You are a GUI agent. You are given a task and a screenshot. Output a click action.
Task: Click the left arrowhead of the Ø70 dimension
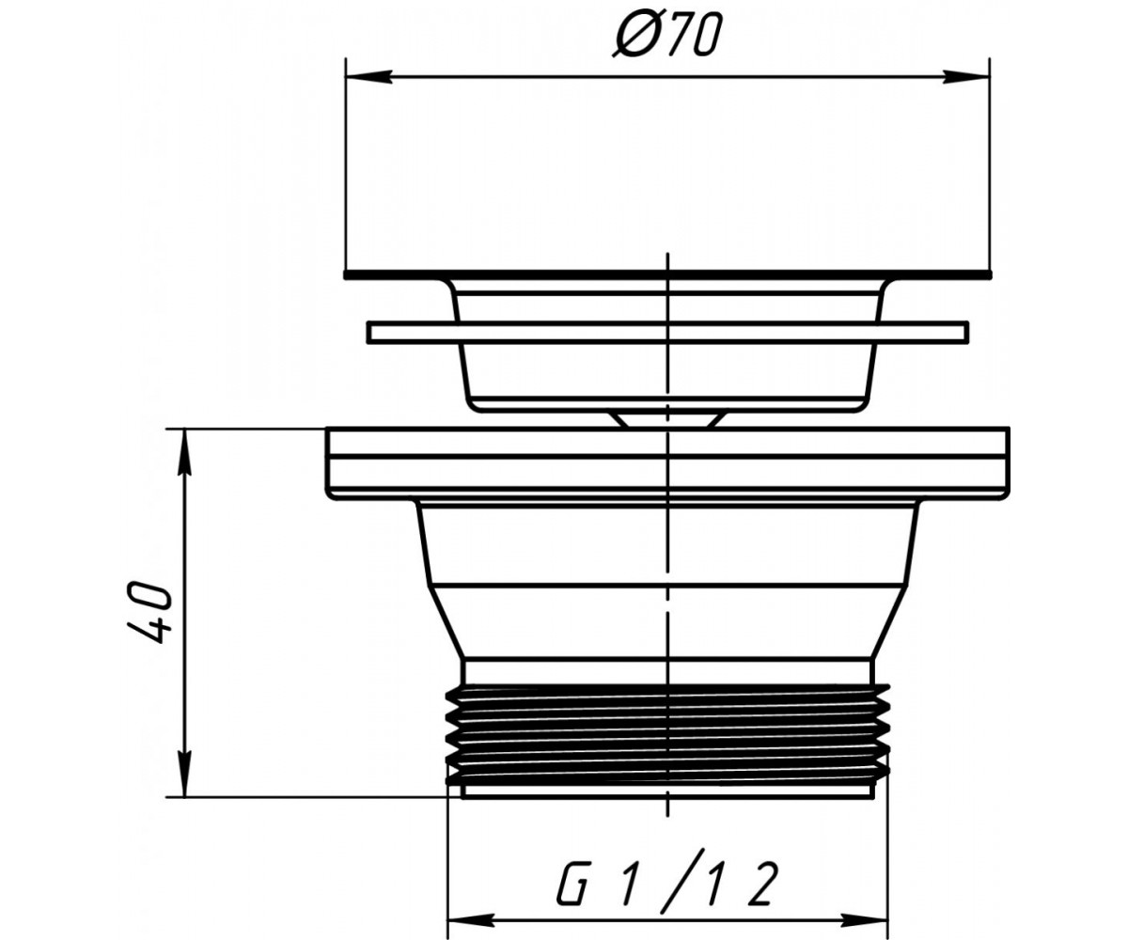click(368, 77)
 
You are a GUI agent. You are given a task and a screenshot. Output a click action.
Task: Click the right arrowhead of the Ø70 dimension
click(966, 77)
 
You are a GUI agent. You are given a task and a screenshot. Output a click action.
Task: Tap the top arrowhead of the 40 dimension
click(185, 453)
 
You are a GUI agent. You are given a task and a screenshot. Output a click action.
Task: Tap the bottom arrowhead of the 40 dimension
click(185, 773)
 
